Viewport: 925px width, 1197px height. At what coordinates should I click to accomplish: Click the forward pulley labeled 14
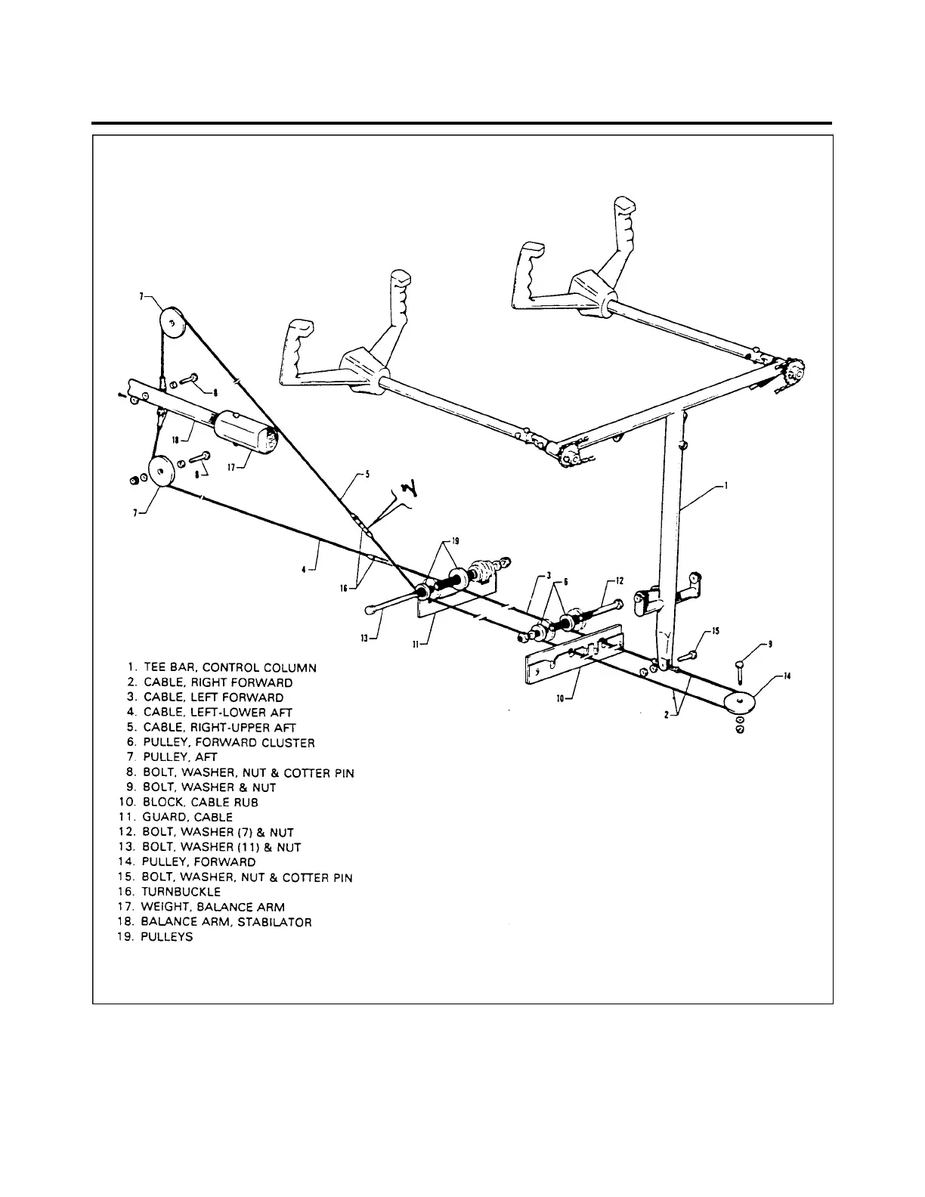(x=740, y=702)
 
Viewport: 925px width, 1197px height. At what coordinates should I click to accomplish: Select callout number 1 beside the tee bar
(x=727, y=487)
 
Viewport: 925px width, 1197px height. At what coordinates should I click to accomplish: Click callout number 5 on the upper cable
(x=367, y=475)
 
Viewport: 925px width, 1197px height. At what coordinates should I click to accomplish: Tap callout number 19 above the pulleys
(x=455, y=540)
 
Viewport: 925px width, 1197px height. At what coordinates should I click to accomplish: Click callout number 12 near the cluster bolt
(x=620, y=580)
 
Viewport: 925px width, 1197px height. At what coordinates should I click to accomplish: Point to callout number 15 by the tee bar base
(x=716, y=630)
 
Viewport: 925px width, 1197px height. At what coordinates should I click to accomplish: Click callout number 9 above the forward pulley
(x=770, y=644)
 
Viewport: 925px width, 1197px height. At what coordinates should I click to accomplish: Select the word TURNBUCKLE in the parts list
(x=181, y=892)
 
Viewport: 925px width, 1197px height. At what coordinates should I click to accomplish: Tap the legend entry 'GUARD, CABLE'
(x=187, y=817)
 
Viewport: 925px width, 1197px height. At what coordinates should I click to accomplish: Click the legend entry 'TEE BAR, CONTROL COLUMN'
(x=230, y=667)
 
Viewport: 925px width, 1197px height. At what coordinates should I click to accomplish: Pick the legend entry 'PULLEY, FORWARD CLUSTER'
(x=229, y=742)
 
